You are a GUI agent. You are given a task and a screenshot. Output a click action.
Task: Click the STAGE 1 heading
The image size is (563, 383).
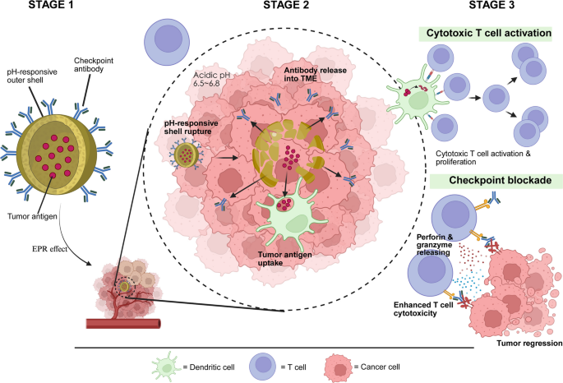click(x=51, y=5)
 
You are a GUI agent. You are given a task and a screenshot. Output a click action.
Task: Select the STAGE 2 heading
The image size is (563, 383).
click(x=286, y=5)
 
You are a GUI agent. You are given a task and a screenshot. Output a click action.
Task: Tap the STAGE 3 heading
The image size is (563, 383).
click(x=491, y=5)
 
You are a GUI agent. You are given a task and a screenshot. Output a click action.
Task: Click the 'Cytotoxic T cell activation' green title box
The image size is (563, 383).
click(x=485, y=34)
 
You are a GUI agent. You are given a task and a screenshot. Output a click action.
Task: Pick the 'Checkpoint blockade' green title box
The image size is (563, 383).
click(x=496, y=181)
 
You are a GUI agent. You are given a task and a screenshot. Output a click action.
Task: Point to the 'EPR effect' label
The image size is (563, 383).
click(x=49, y=249)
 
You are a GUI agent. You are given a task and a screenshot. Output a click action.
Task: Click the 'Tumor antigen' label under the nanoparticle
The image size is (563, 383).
click(x=32, y=216)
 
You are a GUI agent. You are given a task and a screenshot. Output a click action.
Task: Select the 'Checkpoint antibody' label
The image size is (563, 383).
click(x=94, y=65)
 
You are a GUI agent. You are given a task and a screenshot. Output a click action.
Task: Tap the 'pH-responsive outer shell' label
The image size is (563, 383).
click(x=32, y=76)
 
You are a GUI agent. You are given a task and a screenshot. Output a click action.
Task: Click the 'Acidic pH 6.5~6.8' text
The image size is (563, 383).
click(x=211, y=80)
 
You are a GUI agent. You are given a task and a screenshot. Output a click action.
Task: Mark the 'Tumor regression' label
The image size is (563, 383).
click(x=529, y=344)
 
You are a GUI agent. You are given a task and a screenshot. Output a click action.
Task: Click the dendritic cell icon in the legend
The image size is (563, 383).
click(x=166, y=367)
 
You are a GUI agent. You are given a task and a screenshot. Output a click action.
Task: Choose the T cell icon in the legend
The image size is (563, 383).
click(x=263, y=367)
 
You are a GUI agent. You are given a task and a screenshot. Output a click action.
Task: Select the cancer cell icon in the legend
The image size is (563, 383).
click(x=339, y=367)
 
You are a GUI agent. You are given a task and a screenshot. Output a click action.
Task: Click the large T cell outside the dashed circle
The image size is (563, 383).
click(x=167, y=43)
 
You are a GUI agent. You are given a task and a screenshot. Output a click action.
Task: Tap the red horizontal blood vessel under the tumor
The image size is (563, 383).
click(x=123, y=324)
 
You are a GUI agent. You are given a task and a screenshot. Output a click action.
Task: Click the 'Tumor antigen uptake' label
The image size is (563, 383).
click(x=284, y=259)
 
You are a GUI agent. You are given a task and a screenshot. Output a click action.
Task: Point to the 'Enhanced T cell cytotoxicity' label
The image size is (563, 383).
click(x=423, y=309)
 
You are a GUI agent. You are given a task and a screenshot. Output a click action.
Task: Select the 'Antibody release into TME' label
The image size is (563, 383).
click(x=316, y=74)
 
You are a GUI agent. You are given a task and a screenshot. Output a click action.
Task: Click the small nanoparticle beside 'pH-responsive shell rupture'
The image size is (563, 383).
click(x=187, y=155)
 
